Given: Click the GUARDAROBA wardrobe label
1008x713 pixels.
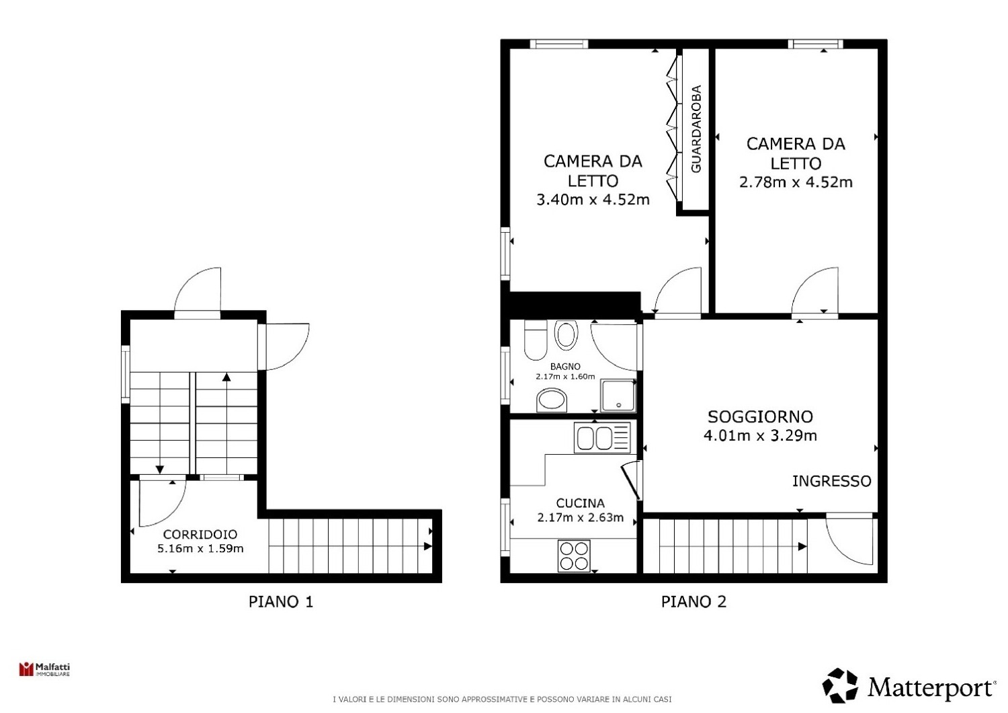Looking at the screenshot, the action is (696, 129).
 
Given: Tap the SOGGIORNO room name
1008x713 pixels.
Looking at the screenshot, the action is (760, 416).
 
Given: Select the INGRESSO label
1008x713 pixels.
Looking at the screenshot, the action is (832, 481).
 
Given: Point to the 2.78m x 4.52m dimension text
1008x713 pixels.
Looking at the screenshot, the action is (796, 182).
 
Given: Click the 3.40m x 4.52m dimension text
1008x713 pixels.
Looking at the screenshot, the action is (593, 200).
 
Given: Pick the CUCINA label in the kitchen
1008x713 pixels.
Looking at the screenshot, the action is (580, 503).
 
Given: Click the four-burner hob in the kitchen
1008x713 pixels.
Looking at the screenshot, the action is (574, 556).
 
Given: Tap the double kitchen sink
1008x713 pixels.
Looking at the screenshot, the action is (603, 437).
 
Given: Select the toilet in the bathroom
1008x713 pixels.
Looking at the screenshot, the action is (536, 340).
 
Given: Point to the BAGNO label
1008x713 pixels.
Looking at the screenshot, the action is (565, 367).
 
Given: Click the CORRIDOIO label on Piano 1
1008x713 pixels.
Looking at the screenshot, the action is (200, 534).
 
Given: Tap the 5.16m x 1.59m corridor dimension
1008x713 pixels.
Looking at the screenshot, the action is (200, 549).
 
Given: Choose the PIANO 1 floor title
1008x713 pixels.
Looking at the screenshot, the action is (281, 602).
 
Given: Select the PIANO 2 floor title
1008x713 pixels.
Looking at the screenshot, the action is (694, 602).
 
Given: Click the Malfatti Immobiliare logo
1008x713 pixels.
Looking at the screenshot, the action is (44, 669).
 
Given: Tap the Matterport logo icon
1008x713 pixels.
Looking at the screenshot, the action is (840, 686).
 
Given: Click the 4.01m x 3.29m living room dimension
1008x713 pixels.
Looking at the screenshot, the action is (760, 436).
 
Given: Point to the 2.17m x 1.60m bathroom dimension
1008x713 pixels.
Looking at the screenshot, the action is (565, 377).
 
